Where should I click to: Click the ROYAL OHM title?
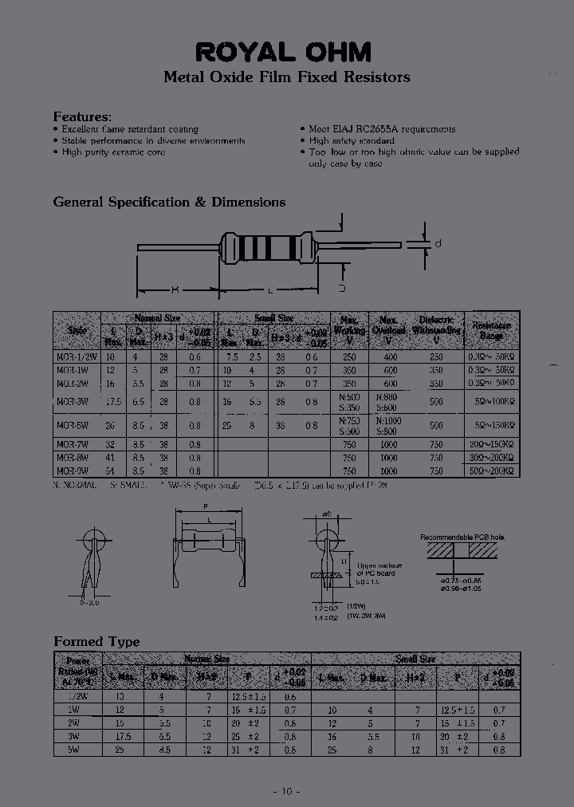tap(285, 52)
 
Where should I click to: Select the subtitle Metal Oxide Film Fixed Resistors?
tap(286, 77)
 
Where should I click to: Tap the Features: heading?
tap(82, 116)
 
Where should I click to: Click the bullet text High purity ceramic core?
tap(113, 152)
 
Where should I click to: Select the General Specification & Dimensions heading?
tap(169, 202)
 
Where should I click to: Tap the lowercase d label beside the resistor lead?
tap(438, 243)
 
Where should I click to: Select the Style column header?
tap(77, 330)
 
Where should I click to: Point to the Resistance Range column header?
tap(492, 330)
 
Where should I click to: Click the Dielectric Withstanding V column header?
tap(436, 329)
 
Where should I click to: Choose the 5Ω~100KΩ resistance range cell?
tap(492, 403)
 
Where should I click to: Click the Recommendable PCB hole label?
tap(463, 537)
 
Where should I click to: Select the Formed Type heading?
tap(96, 641)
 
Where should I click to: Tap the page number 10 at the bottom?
tap(286, 791)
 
